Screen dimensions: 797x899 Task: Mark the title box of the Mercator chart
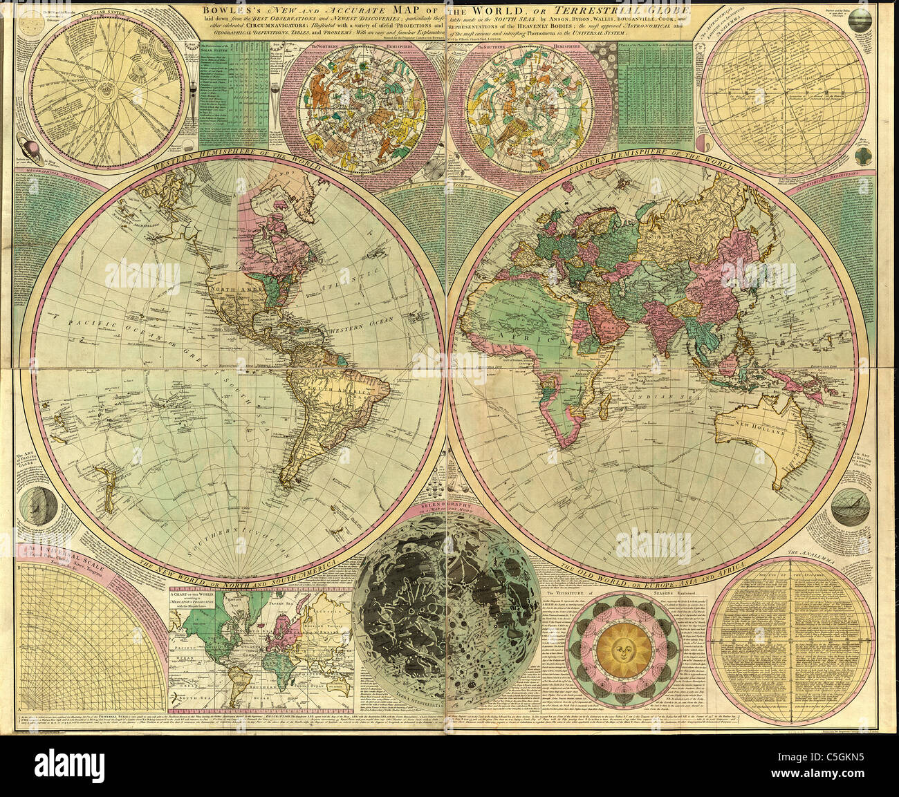[x=195, y=600]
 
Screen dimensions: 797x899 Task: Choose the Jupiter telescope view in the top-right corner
[x=878, y=17]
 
